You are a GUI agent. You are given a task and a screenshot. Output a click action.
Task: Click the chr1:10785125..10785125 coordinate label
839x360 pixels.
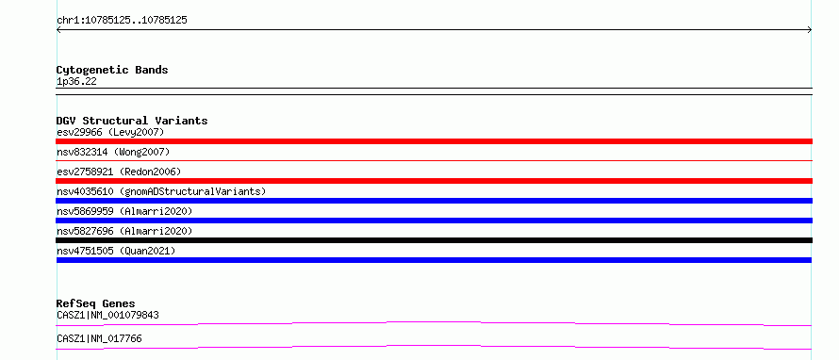pos(122,21)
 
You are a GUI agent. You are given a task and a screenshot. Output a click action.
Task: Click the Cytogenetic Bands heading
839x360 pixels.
pos(112,70)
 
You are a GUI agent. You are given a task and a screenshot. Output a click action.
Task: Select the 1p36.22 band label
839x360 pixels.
pos(76,82)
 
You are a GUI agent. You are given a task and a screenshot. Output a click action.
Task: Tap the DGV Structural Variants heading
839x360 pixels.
pos(132,121)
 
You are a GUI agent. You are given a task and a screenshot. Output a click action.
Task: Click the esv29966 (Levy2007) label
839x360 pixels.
pos(110,132)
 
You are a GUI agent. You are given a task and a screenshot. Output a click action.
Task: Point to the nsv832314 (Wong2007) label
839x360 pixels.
pos(113,152)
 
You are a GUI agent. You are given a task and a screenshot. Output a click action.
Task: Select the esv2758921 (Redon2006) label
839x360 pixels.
pos(119,172)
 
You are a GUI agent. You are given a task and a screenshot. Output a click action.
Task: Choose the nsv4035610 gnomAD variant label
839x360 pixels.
pos(161,191)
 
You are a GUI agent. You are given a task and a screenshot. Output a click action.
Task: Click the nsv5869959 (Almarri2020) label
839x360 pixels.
pos(124,211)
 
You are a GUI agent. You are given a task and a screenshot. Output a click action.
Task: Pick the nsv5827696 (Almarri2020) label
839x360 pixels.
pos(124,231)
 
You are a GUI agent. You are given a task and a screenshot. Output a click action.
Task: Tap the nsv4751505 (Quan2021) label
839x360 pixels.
pos(116,251)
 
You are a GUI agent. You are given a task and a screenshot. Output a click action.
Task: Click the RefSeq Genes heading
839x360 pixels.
pos(96,303)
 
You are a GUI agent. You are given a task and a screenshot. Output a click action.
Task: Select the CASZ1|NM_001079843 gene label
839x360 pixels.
pos(107,315)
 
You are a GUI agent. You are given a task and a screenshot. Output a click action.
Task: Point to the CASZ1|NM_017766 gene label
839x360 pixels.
pos(99,338)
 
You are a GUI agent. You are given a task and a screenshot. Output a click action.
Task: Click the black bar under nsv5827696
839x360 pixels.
pos(434,240)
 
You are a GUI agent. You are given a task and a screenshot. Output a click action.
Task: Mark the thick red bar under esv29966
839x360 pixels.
pos(434,141)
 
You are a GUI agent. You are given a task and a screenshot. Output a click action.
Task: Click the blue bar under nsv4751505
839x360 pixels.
pos(434,260)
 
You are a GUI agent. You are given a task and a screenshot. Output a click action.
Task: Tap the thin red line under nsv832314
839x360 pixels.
pos(434,160)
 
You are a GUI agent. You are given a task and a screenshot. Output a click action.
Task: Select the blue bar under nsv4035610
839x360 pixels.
pos(434,201)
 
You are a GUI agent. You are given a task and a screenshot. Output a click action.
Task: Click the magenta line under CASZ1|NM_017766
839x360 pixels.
pos(434,346)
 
